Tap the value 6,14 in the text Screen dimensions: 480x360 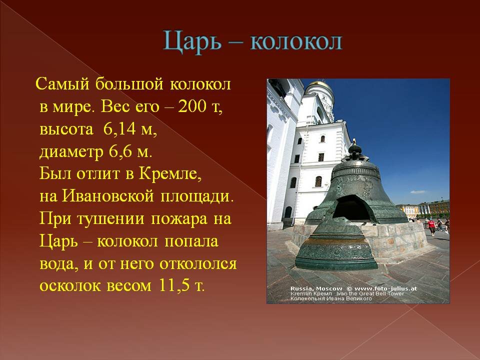(119, 128)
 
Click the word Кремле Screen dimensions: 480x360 (170, 174)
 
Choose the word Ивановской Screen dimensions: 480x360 (108, 196)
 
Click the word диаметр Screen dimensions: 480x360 (71, 152)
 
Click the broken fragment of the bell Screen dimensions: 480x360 (336, 245)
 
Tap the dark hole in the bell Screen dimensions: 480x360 (352, 208)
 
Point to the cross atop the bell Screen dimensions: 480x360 (354, 141)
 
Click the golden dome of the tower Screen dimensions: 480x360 (320, 84)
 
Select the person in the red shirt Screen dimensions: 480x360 (431, 227)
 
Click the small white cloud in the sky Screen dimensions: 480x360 (418, 192)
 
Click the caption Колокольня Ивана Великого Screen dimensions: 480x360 (331, 298)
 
